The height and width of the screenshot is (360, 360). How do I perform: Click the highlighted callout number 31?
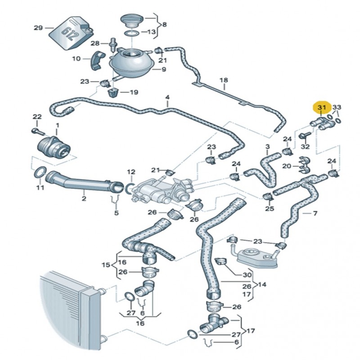pyautogui.click(x=321, y=108)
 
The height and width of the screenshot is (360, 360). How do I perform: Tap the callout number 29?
pyautogui.click(x=39, y=28)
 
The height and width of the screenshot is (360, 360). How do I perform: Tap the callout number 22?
pyautogui.click(x=37, y=117)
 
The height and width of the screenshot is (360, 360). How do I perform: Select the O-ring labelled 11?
pyautogui.click(x=40, y=172)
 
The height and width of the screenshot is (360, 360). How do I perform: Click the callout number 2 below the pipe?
pyautogui.click(x=84, y=198)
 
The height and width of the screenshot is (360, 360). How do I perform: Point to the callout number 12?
pyautogui.click(x=131, y=172)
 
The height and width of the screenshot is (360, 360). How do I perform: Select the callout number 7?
pyautogui.click(x=315, y=213)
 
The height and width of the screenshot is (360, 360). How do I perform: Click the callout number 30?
pyautogui.click(x=247, y=274)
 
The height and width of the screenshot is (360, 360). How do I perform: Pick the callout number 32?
pyautogui.click(x=305, y=147)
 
